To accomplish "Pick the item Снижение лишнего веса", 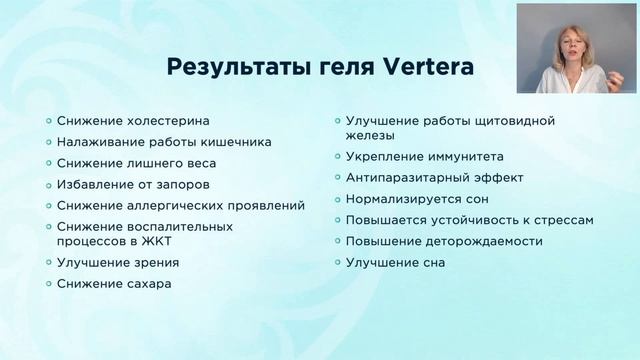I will click(x=136, y=163).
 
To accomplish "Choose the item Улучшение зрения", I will click(x=119, y=262).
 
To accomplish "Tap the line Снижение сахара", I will click(x=114, y=283).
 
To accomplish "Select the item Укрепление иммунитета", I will click(x=425, y=156).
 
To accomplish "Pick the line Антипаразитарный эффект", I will click(x=432, y=177).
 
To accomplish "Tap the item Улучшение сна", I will click(x=395, y=262).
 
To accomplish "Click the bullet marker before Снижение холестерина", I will click(x=50, y=120).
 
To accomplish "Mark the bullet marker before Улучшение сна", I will click(x=337, y=262).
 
